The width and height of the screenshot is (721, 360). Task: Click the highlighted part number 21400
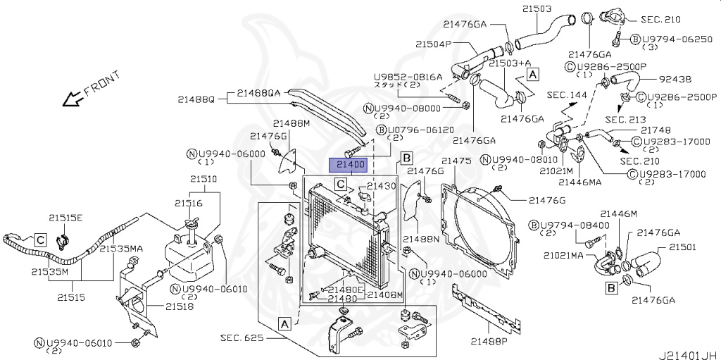click(x=349, y=165)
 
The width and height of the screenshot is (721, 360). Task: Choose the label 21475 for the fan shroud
click(x=456, y=161)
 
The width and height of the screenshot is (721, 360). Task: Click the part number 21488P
click(x=489, y=342)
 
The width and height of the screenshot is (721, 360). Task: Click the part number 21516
click(x=189, y=203)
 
